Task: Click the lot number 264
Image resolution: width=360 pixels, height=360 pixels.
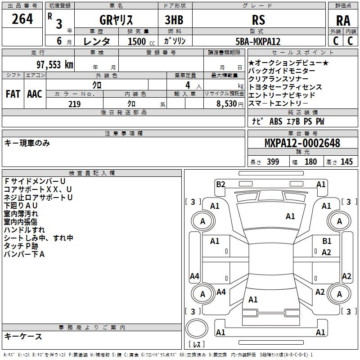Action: (22, 19)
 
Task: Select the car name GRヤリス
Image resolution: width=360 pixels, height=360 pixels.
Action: (116, 20)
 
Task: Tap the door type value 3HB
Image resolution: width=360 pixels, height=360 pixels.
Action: (174, 20)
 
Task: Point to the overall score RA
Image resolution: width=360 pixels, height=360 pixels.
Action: (343, 21)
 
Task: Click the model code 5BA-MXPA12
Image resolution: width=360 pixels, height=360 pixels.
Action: (258, 41)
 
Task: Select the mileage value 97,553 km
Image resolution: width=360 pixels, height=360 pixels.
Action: (54, 65)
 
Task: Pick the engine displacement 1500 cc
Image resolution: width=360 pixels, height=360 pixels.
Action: (141, 41)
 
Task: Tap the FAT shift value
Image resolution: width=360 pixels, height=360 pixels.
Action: (13, 94)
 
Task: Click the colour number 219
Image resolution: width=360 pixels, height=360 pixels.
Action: (74, 104)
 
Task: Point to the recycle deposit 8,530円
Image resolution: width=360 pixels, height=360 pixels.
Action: (230, 104)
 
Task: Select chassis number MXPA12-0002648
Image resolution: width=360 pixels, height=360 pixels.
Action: (302, 143)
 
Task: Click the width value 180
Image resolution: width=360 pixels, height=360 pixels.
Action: (310, 162)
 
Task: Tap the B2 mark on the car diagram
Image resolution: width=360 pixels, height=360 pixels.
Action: (220, 184)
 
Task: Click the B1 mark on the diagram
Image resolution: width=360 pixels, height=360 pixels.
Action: (327, 241)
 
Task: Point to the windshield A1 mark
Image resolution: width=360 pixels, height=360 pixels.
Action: (290, 216)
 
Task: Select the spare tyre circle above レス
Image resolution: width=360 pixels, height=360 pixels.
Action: (197, 328)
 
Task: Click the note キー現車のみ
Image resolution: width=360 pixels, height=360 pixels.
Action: (27, 143)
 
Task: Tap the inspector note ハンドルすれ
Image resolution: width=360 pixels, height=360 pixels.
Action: (24, 230)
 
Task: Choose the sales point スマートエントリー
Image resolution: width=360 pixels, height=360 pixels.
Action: (278, 103)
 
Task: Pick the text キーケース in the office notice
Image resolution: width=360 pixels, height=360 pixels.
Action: (23, 337)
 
